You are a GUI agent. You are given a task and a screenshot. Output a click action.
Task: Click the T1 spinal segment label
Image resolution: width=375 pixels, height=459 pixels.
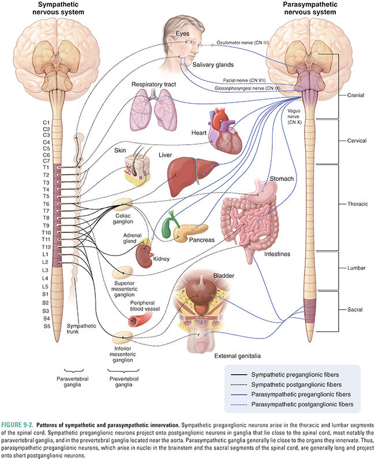point(46,167)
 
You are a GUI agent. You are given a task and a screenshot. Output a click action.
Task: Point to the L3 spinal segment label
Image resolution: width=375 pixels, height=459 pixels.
point(46,270)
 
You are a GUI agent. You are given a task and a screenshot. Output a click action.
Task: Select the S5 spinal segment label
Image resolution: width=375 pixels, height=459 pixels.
point(46,326)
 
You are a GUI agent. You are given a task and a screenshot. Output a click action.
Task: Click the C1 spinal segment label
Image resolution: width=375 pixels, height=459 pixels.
point(46,122)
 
